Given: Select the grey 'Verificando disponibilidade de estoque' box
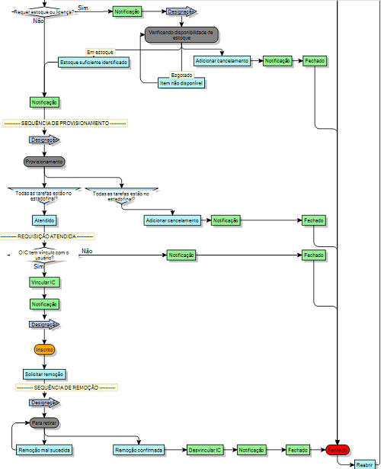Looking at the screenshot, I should tap(181, 34).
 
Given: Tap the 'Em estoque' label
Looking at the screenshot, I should tap(99, 51).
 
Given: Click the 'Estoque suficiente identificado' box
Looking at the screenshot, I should tap(93, 61).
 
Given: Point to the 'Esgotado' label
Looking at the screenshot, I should tap(181, 74).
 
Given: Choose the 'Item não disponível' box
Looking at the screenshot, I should tap(181, 82).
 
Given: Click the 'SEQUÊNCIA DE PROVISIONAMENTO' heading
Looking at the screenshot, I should tap(65, 122).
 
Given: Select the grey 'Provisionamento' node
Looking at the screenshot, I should tap(44, 162).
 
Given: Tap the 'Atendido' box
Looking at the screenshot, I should tap(44, 220).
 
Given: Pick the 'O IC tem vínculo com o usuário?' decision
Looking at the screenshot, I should tap(43, 255).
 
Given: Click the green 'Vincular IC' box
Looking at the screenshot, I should tap(44, 281).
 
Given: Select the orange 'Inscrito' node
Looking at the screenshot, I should tap(44, 349).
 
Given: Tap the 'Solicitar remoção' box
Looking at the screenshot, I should tap(44, 374).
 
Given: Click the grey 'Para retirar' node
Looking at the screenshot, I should tap(44, 422).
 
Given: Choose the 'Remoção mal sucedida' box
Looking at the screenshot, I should tap(44, 450).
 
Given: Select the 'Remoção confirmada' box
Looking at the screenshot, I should tap(138, 450).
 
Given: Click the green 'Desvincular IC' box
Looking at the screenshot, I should tap(204, 450).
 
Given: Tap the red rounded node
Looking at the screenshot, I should tap(337, 450).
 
